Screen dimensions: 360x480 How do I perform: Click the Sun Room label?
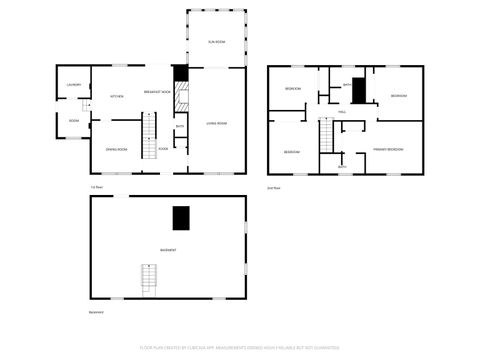214,41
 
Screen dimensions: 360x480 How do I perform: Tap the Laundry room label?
73,85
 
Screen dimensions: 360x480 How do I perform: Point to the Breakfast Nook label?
156,91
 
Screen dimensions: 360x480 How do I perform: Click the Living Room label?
217,123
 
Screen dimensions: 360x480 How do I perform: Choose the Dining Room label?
116,150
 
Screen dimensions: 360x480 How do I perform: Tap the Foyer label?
162,149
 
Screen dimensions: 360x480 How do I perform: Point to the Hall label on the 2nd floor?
342,112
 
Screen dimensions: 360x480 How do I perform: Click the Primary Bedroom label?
388,148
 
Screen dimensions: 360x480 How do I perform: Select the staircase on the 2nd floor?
326,134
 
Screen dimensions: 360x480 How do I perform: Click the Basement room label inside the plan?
168,249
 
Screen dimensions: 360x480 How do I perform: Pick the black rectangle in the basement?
181,218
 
